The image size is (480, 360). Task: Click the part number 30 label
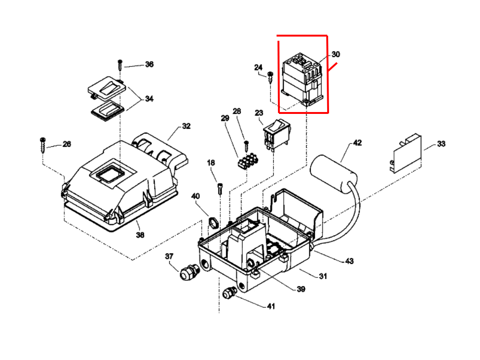[336, 54]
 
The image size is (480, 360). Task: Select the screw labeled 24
[270, 77]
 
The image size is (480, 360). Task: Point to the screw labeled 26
[43, 145]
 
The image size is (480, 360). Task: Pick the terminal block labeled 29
[247, 161]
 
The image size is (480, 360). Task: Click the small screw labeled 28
[246, 146]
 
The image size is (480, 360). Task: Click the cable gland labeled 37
[189, 272]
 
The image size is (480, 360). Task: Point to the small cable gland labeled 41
[230, 292]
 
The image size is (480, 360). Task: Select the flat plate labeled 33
[405, 153]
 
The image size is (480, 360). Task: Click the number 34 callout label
[149, 99]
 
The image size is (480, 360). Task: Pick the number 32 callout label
[186, 126]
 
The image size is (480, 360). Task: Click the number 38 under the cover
[140, 235]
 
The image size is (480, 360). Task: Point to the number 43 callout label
[349, 261]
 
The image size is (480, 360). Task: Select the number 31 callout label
[323, 276]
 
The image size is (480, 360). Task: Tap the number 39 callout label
[301, 289]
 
